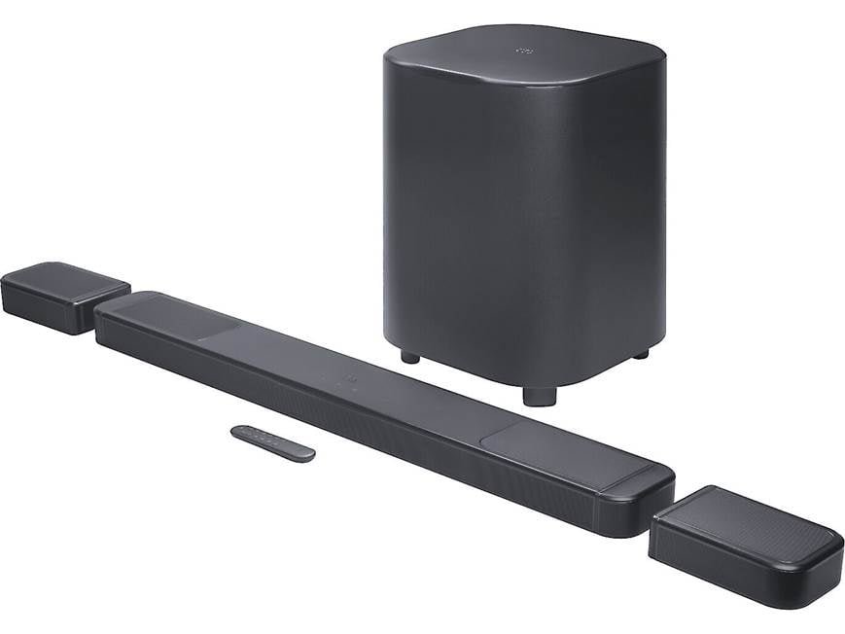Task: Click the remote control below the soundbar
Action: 272,442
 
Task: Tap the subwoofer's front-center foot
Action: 539,395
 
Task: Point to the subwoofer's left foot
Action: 410,356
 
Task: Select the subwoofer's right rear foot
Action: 640,353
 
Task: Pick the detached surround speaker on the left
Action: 64,296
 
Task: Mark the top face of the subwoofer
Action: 525,53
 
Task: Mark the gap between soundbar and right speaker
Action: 661,506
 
